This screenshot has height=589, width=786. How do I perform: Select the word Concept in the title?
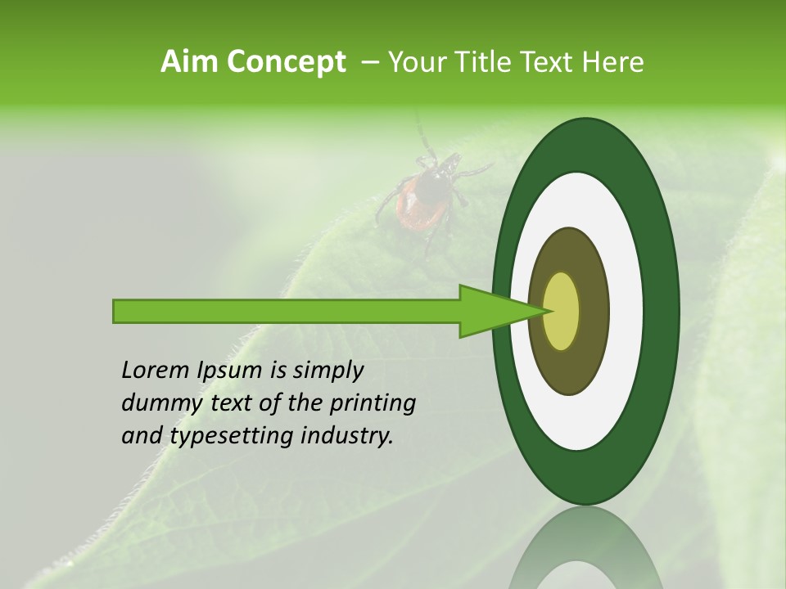pos(285,62)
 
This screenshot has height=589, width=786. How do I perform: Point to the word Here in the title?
pos(613,62)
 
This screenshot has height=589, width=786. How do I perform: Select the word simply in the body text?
pos(328,371)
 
